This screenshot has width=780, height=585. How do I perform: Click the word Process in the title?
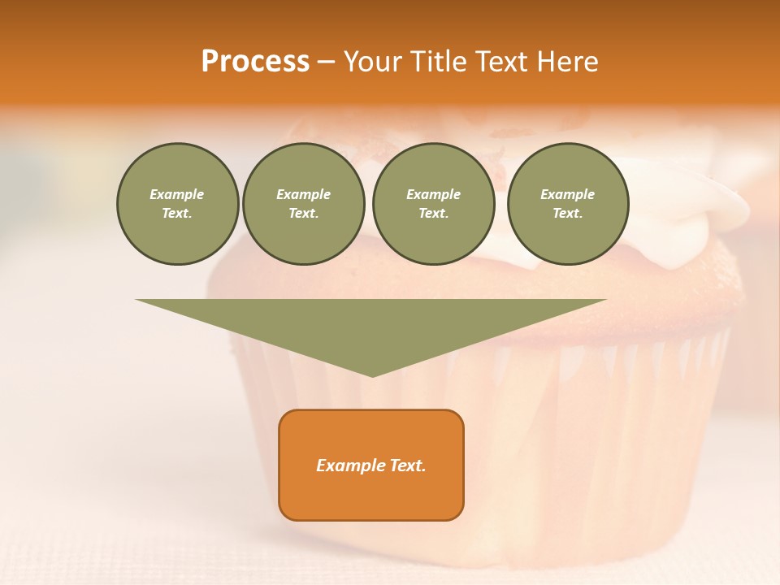[x=255, y=62]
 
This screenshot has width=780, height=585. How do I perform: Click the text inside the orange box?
[x=371, y=466]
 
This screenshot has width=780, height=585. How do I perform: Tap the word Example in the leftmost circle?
[x=177, y=194]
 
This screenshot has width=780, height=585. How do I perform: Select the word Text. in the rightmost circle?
[x=567, y=213]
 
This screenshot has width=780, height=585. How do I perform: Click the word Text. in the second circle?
[x=303, y=213]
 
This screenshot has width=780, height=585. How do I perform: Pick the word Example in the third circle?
[x=433, y=194]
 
